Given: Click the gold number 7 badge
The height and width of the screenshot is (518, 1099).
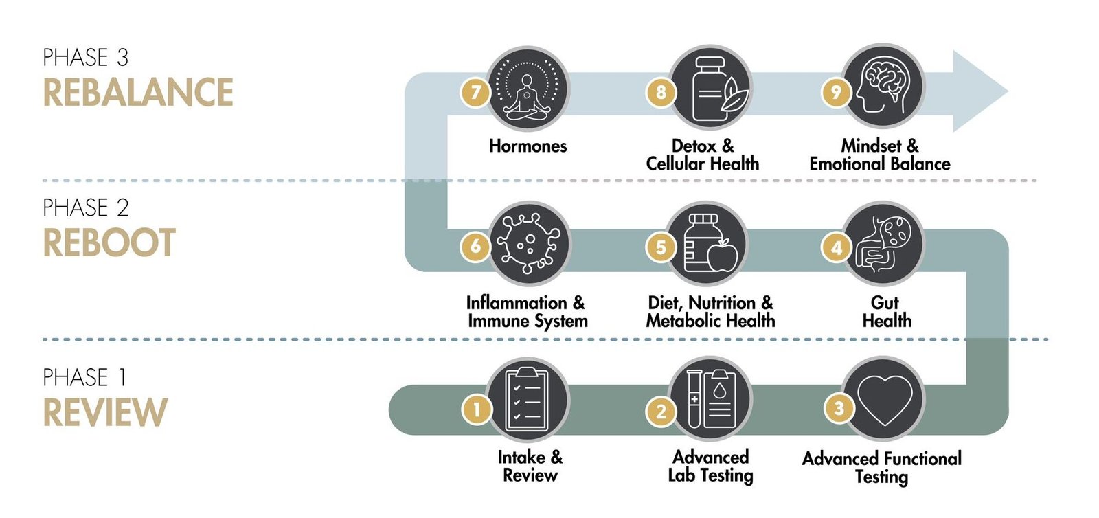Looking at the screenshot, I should pos(475,92).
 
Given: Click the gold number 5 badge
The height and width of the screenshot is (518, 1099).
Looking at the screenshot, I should pos(661,247).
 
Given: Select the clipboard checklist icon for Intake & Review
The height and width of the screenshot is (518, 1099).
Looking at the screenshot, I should pos(528,399).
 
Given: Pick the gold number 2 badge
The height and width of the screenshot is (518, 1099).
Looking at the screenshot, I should pos(661,411).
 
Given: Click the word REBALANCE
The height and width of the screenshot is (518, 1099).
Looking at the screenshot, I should pos(138,93).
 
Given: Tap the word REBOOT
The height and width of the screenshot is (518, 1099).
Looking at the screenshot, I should pos(109,243).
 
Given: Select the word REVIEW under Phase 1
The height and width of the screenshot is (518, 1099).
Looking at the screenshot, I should pos(105,413).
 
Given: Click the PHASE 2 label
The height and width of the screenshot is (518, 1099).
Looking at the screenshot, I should pos(86,207).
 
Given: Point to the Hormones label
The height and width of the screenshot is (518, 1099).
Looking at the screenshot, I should pos(528,146).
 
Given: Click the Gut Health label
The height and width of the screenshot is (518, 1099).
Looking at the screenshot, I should pos(886,312).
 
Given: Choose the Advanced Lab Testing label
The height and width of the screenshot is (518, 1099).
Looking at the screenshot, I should pos(710,466).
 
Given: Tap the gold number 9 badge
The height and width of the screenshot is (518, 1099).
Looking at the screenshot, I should pos(836,92).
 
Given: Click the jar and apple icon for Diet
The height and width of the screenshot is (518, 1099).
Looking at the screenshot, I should pos(710,244).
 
